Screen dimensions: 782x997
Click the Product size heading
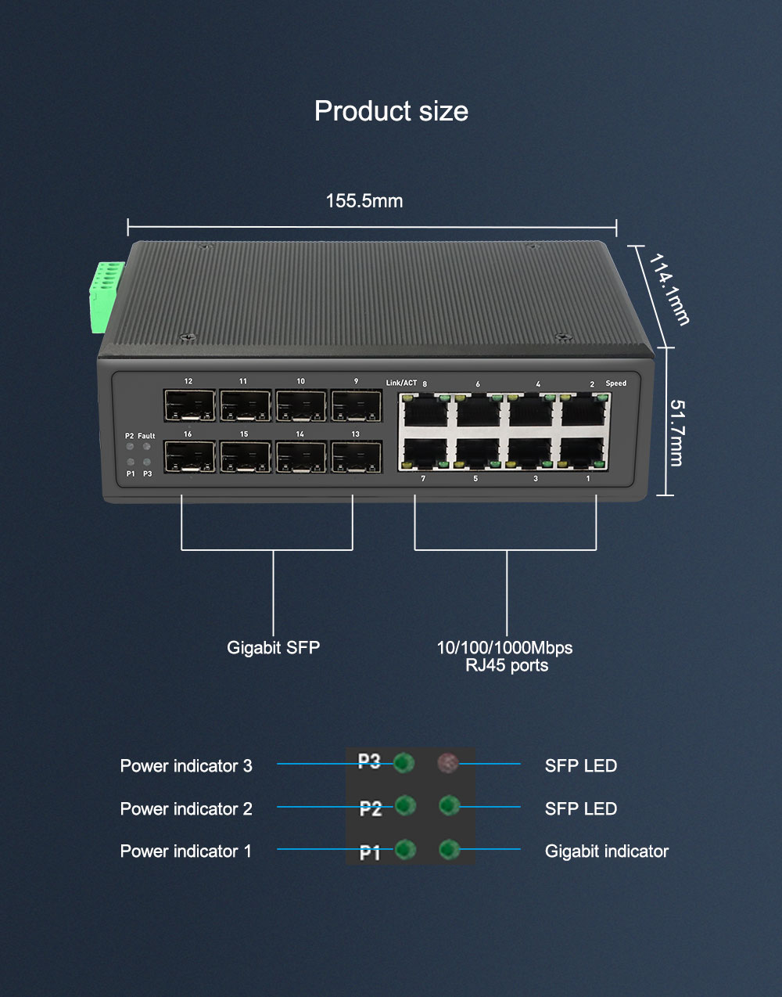click(391, 111)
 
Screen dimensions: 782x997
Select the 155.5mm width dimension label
click(364, 201)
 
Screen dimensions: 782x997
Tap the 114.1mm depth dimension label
click(669, 289)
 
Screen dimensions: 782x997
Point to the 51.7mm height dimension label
click(677, 433)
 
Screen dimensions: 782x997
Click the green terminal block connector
click(106, 297)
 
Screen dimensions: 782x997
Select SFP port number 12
click(189, 405)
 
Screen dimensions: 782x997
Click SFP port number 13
click(356, 456)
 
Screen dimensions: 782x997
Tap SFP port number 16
click(189, 456)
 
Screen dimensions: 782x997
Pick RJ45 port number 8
click(425, 410)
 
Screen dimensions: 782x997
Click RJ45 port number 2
click(584, 410)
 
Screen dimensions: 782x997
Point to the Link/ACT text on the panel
click(401, 383)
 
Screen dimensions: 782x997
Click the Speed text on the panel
click(615, 383)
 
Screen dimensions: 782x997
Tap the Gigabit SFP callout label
click(273, 647)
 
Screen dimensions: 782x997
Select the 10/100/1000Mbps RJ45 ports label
click(504, 657)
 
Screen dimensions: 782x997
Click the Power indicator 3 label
click(186, 766)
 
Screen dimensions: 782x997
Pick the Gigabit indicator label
click(606, 851)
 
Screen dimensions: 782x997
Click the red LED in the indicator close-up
click(448, 763)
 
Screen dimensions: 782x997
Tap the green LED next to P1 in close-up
click(405, 849)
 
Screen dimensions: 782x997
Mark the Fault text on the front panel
click(146, 436)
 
